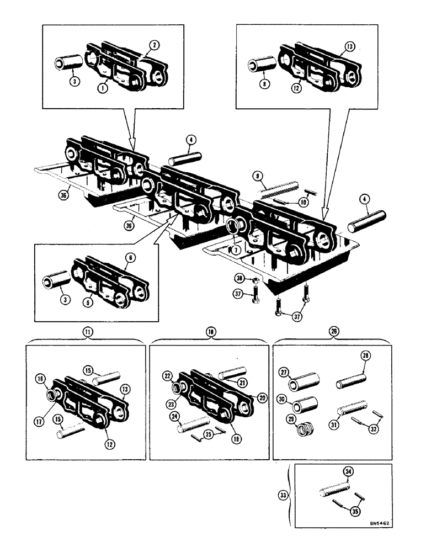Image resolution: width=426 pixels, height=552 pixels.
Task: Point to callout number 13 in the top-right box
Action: tap(349, 46)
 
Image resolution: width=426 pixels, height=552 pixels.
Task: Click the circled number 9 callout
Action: tap(257, 177)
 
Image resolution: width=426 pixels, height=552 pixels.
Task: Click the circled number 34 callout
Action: tap(349, 471)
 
